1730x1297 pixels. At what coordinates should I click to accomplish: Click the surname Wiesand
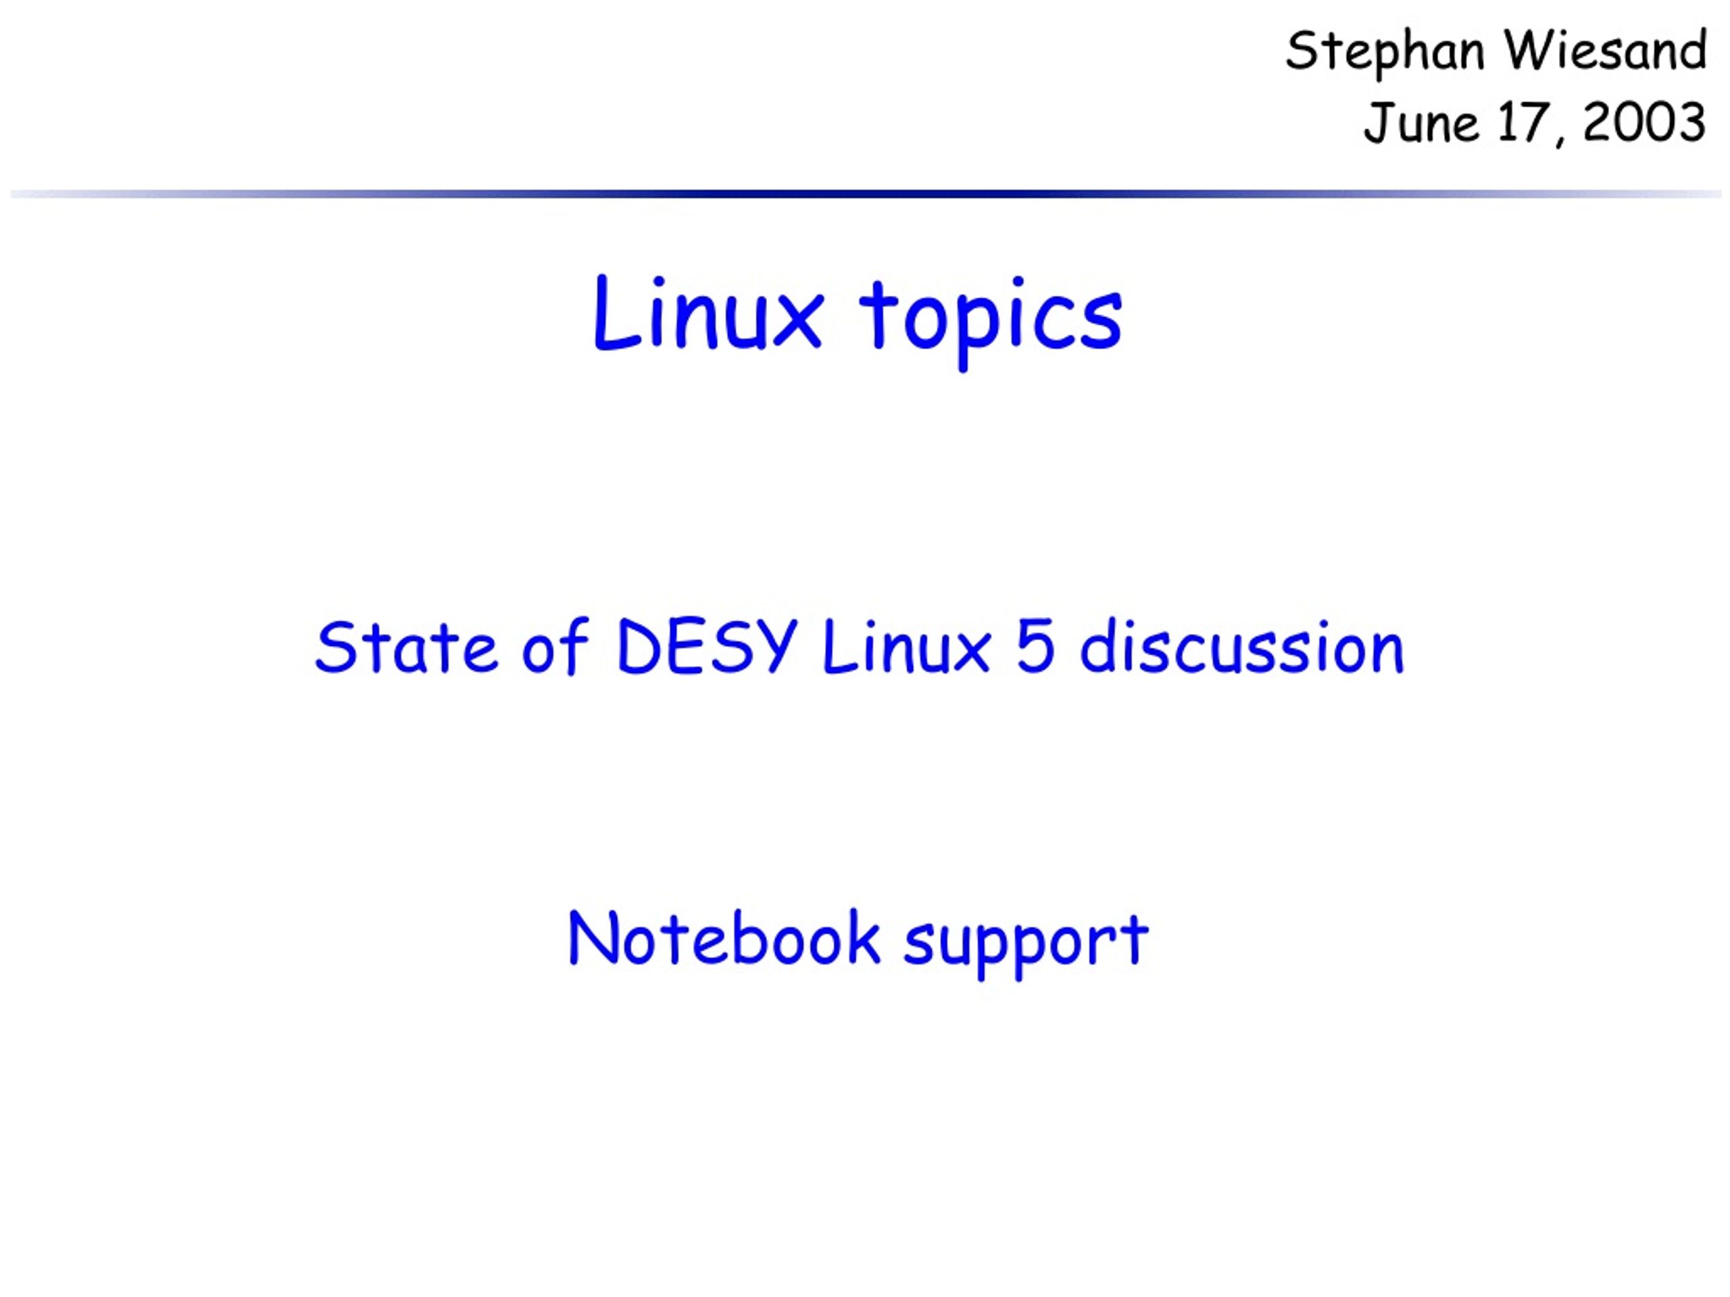click(x=1606, y=50)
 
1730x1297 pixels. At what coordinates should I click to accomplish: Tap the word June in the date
click(x=1421, y=123)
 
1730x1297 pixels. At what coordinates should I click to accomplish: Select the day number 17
click(x=1521, y=123)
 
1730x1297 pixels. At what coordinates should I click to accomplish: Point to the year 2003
click(x=1644, y=123)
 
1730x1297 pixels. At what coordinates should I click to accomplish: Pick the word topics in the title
click(x=991, y=321)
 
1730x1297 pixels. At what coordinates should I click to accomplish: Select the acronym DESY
click(x=707, y=646)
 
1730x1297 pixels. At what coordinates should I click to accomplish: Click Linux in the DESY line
click(x=906, y=646)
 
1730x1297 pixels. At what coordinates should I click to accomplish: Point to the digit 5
click(x=1035, y=647)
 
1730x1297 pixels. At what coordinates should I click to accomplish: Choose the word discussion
click(x=1242, y=646)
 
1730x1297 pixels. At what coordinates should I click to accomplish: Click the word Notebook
click(x=725, y=937)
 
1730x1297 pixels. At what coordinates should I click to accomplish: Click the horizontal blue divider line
click(x=865, y=194)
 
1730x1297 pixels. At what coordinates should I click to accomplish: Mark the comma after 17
click(x=1560, y=140)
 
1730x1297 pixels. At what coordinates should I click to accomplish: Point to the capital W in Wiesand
click(x=1535, y=51)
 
